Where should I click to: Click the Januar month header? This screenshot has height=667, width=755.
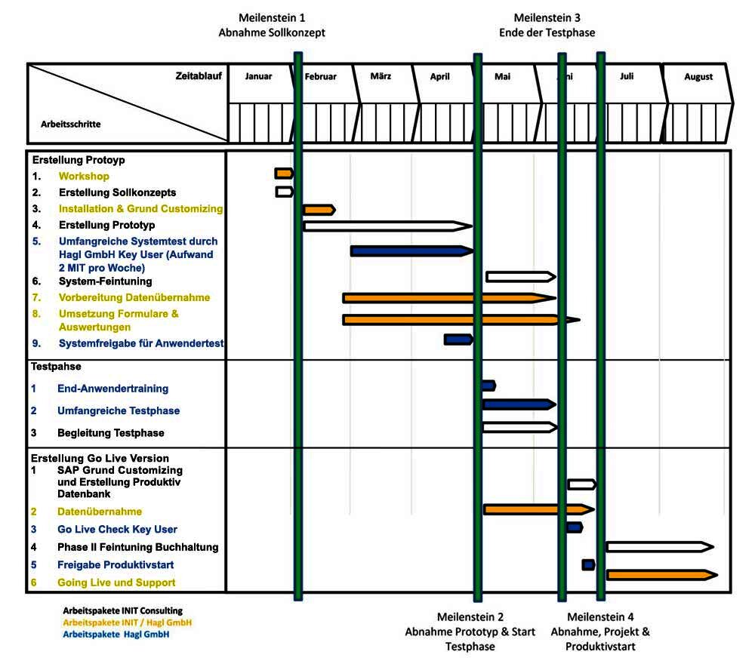(x=258, y=77)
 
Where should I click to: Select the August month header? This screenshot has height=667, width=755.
(x=698, y=77)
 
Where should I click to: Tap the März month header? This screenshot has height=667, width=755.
(x=381, y=77)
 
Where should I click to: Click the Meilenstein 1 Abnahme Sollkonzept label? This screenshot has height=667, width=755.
(x=272, y=25)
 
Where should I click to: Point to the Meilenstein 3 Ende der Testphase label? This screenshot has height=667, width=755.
(x=547, y=25)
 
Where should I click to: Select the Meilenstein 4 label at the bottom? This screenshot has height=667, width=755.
(x=608, y=632)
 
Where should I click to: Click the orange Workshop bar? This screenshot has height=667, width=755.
(x=283, y=174)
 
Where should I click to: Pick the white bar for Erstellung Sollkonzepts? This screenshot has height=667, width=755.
(x=283, y=192)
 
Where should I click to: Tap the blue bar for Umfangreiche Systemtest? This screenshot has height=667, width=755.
(x=411, y=251)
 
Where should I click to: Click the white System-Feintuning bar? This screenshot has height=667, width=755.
(x=519, y=277)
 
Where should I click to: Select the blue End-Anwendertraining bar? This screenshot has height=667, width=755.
(x=488, y=386)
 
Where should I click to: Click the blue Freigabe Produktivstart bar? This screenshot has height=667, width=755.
(x=588, y=564)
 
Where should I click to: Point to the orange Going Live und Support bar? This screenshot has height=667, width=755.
(x=661, y=575)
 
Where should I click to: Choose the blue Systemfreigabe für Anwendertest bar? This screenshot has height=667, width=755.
(x=458, y=340)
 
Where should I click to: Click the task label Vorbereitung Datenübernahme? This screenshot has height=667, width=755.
(x=134, y=298)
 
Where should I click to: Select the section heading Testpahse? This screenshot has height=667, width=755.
(x=56, y=367)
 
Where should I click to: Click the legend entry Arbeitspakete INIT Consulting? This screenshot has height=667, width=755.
(x=122, y=610)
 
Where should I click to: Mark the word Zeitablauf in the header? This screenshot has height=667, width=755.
(x=199, y=75)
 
